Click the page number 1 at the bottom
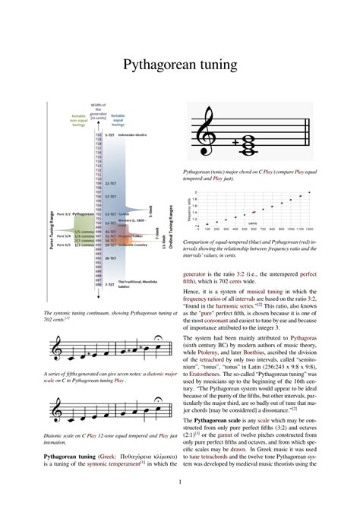[180, 482]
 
